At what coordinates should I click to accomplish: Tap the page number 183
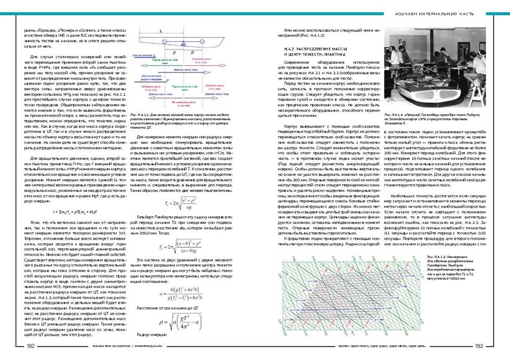[478, 346]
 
